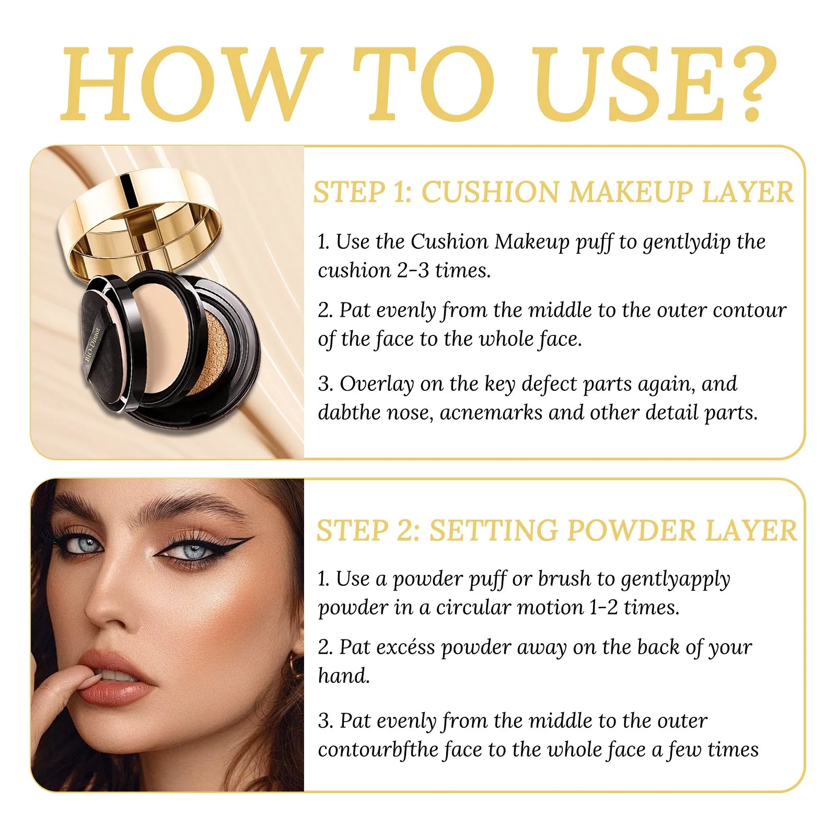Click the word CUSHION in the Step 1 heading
tap(491, 192)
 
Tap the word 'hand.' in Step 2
tap(344, 676)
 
